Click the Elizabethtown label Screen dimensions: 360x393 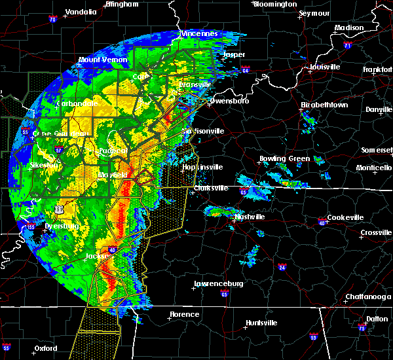tap(324, 105)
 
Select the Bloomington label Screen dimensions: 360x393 tap(274, 4)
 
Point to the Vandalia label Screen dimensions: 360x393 tap(83, 12)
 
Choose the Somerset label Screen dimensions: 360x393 tap(377, 150)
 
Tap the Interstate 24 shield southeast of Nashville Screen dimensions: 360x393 tap(280, 267)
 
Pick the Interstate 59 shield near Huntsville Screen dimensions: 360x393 tap(314, 336)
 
